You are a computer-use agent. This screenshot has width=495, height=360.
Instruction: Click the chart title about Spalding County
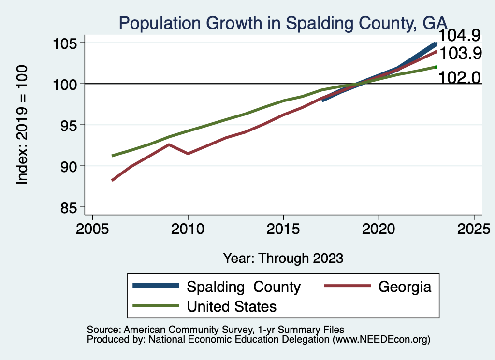click(x=283, y=23)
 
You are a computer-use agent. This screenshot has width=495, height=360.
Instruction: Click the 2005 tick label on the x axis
click(x=92, y=228)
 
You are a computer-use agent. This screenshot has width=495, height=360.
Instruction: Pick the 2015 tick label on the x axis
click(x=283, y=228)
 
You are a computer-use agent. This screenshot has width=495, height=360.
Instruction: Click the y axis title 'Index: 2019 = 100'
click(x=22, y=125)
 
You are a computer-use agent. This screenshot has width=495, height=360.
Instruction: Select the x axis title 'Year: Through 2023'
click(x=283, y=258)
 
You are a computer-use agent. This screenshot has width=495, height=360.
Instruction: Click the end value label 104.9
click(x=459, y=35)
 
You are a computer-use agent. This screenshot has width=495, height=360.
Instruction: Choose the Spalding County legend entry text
click(x=244, y=287)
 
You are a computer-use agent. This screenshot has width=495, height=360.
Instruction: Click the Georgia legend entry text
click(x=405, y=287)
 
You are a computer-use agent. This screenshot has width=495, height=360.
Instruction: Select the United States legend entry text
click(x=232, y=306)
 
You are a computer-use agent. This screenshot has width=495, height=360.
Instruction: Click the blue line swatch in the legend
click(x=156, y=287)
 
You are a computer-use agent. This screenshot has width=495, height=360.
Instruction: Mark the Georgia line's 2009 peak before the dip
click(x=169, y=144)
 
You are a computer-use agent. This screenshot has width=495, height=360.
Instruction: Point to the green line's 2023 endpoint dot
click(x=436, y=67)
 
